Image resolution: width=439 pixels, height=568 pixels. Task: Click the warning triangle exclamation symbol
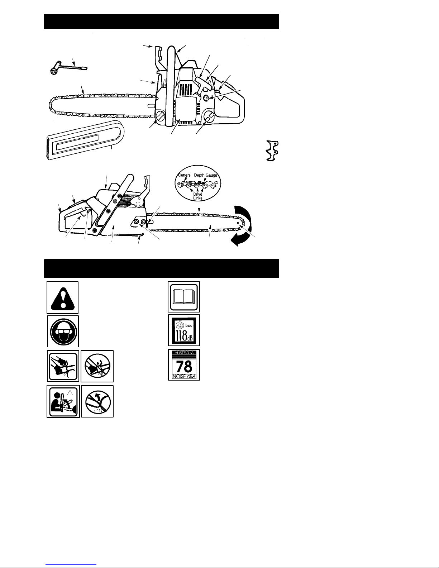[62, 298]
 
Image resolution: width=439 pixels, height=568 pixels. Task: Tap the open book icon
[184, 297]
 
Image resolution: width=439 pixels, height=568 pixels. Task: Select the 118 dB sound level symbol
[184, 330]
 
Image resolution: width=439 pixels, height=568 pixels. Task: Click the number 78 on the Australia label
[184, 367]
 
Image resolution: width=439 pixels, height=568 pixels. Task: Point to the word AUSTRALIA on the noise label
[184, 353]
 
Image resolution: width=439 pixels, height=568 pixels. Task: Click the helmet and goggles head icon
[63, 331]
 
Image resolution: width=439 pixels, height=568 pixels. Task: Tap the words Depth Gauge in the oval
[205, 175]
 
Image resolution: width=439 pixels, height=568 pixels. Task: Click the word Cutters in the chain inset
[185, 175]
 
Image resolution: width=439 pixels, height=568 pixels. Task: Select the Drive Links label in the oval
[198, 196]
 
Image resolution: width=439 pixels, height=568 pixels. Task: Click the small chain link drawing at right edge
[272, 151]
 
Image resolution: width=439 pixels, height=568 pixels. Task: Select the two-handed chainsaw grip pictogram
[63, 366]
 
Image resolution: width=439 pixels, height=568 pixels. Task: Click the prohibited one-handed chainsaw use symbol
[97, 366]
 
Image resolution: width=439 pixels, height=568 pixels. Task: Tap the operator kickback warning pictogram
[63, 401]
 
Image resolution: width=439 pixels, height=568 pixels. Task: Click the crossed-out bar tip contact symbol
[97, 401]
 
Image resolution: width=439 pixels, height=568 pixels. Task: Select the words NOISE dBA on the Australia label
[184, 376]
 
